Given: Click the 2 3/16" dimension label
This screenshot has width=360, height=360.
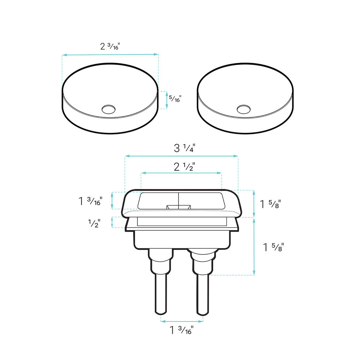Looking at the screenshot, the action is [x=110, y=46].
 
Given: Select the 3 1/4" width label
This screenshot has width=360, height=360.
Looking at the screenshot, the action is [x=185, y=148].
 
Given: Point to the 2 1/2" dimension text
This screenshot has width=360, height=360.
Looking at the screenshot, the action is [x=184, y=167].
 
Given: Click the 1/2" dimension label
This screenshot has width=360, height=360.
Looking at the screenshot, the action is [x=94, y=224].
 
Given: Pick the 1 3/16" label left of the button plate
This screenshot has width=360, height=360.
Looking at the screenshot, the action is [x=90, y=201].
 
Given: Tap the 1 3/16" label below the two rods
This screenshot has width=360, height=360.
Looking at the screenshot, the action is [x=181, y=330].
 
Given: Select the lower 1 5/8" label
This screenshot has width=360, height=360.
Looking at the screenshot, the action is [x=274, y=248].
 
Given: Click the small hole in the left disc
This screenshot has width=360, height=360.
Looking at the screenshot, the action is [x=109, y=109].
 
